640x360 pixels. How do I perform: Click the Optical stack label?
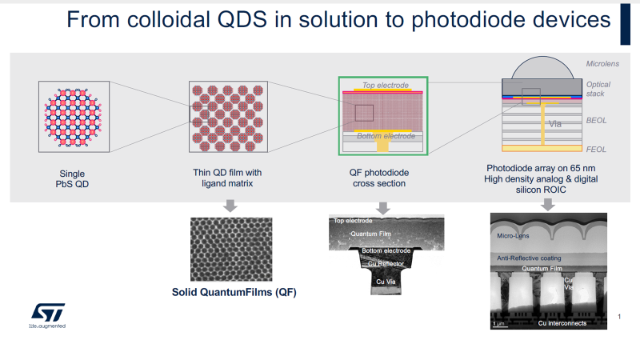point(598,89)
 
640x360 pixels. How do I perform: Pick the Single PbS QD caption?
point(72,178)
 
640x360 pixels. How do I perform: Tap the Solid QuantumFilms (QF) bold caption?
point(234,292)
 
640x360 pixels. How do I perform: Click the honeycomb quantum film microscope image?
point(232,248)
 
